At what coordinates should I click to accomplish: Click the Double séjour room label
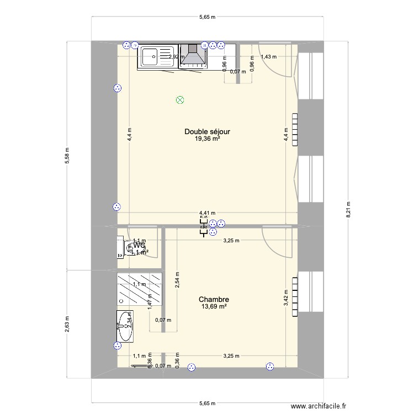[207, 132]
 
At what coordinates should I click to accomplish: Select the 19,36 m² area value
[207, 139]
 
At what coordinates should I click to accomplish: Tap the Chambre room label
[214, 299]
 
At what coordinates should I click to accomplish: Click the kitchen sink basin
[150, 56]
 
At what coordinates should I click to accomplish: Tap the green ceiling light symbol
[179, 100]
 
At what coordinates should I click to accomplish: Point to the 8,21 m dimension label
[348, 209]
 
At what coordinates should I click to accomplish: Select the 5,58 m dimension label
[67, 155]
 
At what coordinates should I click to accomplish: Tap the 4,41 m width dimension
[208, 213]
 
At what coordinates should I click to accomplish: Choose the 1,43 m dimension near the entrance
[269, 56]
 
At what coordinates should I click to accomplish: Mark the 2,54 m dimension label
[177, 279]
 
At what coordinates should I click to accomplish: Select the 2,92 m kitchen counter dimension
[176, 56]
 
